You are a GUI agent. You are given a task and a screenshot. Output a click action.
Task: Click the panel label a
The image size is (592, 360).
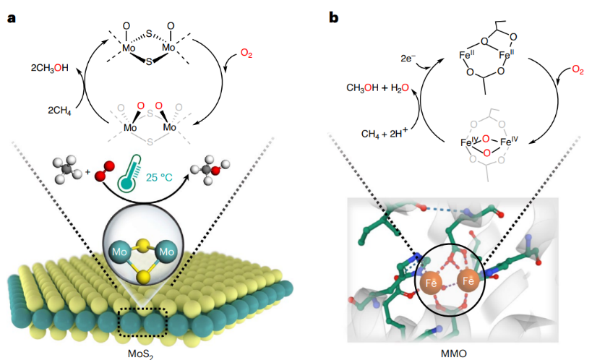click(12, 16)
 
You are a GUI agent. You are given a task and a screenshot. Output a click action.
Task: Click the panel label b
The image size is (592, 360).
click(334, 16)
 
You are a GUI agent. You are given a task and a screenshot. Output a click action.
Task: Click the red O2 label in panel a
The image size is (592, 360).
click(247, 53)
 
